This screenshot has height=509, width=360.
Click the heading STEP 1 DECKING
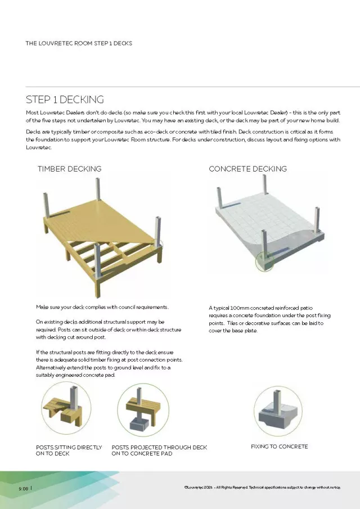tap(65, 100)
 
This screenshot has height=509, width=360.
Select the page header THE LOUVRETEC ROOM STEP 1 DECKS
tap(79, 43)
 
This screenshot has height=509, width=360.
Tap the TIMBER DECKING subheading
tap(69, 169)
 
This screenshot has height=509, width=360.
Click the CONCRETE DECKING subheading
tap(247, 169)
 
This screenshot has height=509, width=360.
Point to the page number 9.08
tap(23, 488)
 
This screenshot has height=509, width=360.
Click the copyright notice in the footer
tap(262, 488)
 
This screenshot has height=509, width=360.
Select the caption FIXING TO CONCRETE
tap(279, 447)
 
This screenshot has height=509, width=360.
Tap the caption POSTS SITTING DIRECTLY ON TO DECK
tap(69, 450)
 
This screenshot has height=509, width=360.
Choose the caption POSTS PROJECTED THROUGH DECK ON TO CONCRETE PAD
tap(159, 450)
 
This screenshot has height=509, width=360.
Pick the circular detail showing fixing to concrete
tap(278, 411)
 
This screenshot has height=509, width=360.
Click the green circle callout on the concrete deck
tap(262, 260)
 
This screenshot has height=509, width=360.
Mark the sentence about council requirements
tap(102, 307)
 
